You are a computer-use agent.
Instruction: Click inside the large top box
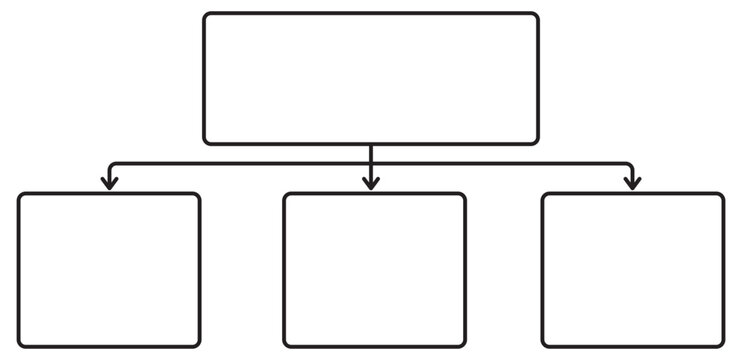(x=371, y=78)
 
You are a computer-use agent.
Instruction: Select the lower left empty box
(x=109, y=270)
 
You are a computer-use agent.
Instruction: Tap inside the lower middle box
(x=374, y=270)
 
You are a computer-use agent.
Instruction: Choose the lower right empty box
(x=633, y=270)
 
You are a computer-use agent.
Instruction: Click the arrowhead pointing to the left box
(x=109, y=184)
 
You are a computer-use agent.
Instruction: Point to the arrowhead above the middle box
(x=371, y=184)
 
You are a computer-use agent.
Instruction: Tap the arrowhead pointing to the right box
(x=632, y=184)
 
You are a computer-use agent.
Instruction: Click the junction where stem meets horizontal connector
(x=371, y=163)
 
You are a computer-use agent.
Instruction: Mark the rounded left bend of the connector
(x=111, y=165)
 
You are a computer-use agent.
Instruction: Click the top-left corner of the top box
(x=207, y=16)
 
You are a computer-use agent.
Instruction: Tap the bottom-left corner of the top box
(x=207, y=141)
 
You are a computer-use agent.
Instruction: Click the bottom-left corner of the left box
(x=21, y=344)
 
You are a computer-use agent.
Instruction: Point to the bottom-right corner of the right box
(x=721, y=344)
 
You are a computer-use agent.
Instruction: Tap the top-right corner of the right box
(x=721, y=196)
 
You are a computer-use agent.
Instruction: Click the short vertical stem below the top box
(x=371, y=153)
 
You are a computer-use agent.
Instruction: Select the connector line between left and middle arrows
(x=240, y=163)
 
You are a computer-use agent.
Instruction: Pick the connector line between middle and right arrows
(x=500, y=163)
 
